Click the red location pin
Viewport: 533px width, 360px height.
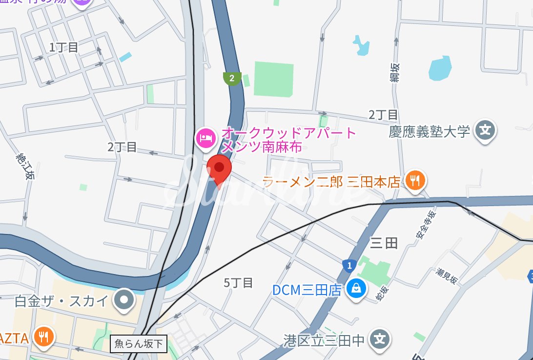[x=219, y=169]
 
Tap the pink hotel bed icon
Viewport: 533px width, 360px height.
[x=205, y=137]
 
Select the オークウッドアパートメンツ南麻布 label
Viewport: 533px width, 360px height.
[x=288, y=140]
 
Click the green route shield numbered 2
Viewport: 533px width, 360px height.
[x=232, y=78]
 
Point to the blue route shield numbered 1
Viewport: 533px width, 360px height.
[x=348, y=266]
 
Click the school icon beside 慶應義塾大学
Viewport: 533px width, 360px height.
[x=486, y=130]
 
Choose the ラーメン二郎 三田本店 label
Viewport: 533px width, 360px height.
[x=331, y=183]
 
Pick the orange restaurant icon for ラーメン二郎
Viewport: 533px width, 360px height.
[x=415, y=182]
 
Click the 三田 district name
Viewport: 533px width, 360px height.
[x=384, y=243]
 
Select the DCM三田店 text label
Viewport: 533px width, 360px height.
[x=307, y=290]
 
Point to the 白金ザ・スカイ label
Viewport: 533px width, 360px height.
[x=61, y=300]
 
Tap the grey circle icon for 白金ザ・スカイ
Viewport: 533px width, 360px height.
[x=124, y=300]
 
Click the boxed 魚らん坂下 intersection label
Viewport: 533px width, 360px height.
[x=139, y=344]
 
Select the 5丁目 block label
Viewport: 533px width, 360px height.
[x=238, y=282]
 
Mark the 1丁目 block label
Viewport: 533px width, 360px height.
[x=64, y=47]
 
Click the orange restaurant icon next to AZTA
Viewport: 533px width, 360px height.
[x=44, y=336]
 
